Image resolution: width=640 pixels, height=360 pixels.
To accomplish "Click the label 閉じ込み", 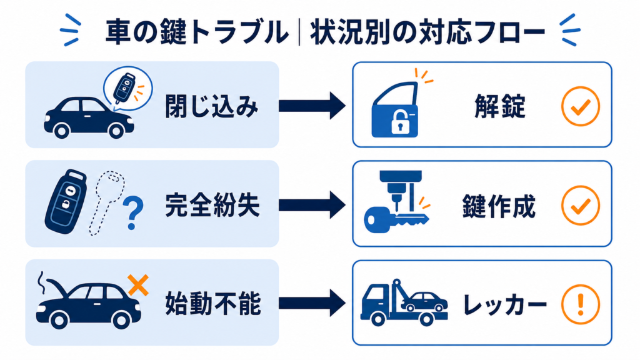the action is tap(211, 106).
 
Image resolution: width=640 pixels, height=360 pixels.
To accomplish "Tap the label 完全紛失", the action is tap(212, 205).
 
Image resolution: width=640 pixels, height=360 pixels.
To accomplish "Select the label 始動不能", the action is tap(212, 304).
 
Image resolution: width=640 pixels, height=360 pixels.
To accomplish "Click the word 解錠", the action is tap(499, 106).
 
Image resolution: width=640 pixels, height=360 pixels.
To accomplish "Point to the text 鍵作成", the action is tap(499, 206).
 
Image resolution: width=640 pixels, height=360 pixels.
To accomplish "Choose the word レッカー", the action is tap(504, 304).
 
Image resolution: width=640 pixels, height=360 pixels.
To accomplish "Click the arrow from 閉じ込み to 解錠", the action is tap(312, 106).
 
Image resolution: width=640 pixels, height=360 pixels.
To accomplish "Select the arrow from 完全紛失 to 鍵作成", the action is tap(312, 205).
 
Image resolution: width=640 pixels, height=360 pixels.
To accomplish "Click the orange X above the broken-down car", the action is tap(138, 285).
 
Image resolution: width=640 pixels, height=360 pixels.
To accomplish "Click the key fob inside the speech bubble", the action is tap(124, 87).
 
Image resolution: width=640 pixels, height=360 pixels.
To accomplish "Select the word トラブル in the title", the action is tap(239, 32).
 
